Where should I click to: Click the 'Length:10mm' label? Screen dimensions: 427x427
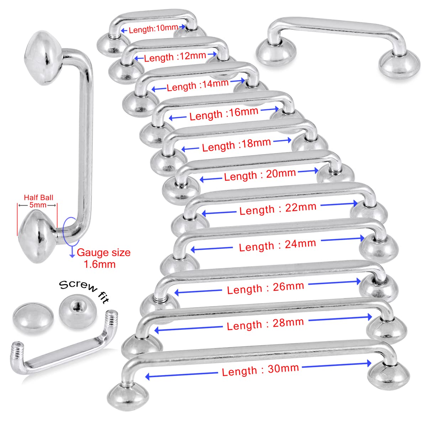[x=153, y=29]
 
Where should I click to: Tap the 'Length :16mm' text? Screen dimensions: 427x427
[x=224, y=114]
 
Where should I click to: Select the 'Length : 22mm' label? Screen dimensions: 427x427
[x=278, y=209]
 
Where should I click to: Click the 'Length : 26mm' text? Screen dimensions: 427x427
[x=265, y=288]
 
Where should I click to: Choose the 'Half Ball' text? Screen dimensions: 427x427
[x=38, y=197]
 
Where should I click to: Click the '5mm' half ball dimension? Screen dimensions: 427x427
[x=38, y=205]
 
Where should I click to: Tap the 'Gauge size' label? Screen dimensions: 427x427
[x=104, y=253]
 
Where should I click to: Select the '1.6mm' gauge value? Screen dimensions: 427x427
[x=100, y=264]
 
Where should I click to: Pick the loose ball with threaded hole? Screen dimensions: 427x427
[x=78, y=312]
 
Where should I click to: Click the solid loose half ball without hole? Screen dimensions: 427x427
[x=33, y=317]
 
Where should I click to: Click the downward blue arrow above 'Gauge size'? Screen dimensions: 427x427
[x=72, y=252]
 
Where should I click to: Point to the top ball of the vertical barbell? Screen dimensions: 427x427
[x=43, y=58]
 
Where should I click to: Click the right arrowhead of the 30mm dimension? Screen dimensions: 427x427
[x=369, y=363]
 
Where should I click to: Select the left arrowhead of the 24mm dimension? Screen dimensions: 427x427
[x=193, y=250]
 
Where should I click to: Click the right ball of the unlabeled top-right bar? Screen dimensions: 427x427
[x=400, y=64]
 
